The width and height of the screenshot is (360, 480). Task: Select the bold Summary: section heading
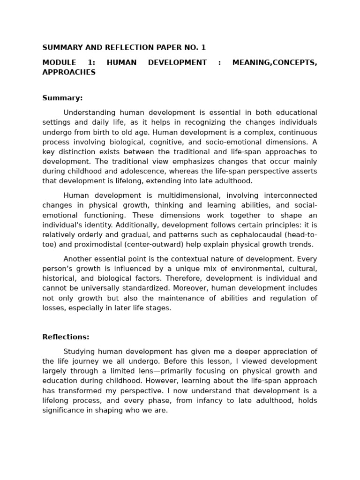click(x=62, y=98)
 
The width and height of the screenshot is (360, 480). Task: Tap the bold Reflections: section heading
click(x=66, y=337)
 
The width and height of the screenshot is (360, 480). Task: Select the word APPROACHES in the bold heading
click(x=69, y=72)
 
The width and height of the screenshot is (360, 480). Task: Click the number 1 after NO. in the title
click(x=203, y=48)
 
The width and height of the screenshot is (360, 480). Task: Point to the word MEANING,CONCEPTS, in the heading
click(x=275, y=62)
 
